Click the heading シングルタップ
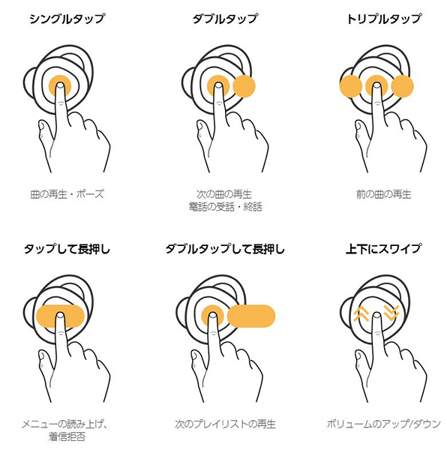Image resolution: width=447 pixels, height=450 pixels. coord(67,19)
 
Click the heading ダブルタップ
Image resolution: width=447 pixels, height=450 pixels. coord(225,19)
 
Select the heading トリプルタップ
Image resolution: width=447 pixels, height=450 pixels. coord(384,19)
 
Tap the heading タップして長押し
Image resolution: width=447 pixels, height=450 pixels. coord(67,249)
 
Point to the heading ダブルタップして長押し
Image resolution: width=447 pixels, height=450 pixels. coord(225,249)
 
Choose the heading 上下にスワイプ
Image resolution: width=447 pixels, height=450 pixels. coord(383,249)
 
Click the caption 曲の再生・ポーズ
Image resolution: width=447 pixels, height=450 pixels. coord(67,194)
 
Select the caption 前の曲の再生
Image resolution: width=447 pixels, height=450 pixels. coord(384,194)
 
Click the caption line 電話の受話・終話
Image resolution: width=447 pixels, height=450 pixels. coord(226,207)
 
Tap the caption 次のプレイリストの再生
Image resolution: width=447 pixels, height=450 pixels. coord(225,424)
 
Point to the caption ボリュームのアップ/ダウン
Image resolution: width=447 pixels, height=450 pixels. coord(384,424)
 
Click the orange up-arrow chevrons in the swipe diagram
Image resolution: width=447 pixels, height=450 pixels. coord(361,313)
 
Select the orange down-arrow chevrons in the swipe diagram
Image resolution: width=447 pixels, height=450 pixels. coord(391,313)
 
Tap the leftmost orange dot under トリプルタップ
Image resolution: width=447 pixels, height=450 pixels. coord(351,86)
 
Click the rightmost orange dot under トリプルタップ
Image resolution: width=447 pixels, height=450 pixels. coord(402,86)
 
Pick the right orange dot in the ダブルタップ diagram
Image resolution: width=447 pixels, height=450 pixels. coord(244,86)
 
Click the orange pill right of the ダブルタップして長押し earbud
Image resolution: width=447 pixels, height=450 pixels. coord(251,316)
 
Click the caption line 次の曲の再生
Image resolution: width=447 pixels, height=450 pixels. coord(224,194)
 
